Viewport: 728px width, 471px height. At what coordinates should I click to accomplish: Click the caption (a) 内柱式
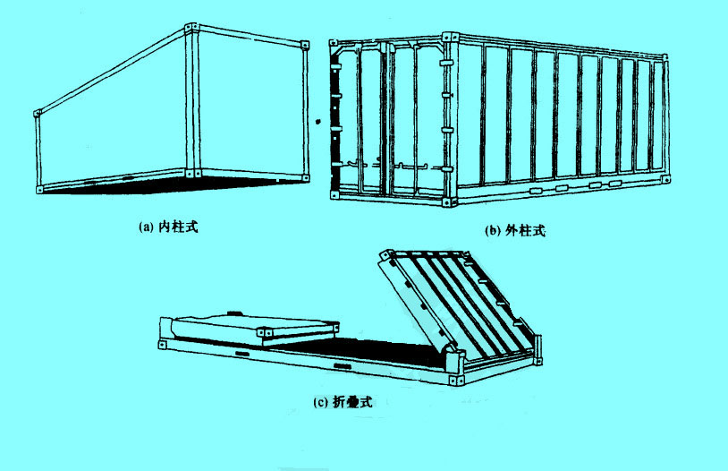168,227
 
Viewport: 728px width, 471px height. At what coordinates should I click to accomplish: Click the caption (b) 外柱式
515,231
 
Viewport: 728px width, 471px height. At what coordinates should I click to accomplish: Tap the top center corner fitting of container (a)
189,30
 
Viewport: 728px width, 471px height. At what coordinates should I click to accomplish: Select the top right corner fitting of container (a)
306,43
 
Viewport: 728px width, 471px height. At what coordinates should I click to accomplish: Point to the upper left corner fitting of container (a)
38,114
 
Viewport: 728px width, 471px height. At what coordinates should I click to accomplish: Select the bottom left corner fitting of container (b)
334,194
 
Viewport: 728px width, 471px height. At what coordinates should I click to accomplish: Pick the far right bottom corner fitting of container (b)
665,180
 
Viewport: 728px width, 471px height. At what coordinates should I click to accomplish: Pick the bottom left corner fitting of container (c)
164,347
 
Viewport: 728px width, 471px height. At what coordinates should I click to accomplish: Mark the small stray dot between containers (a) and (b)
317,117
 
